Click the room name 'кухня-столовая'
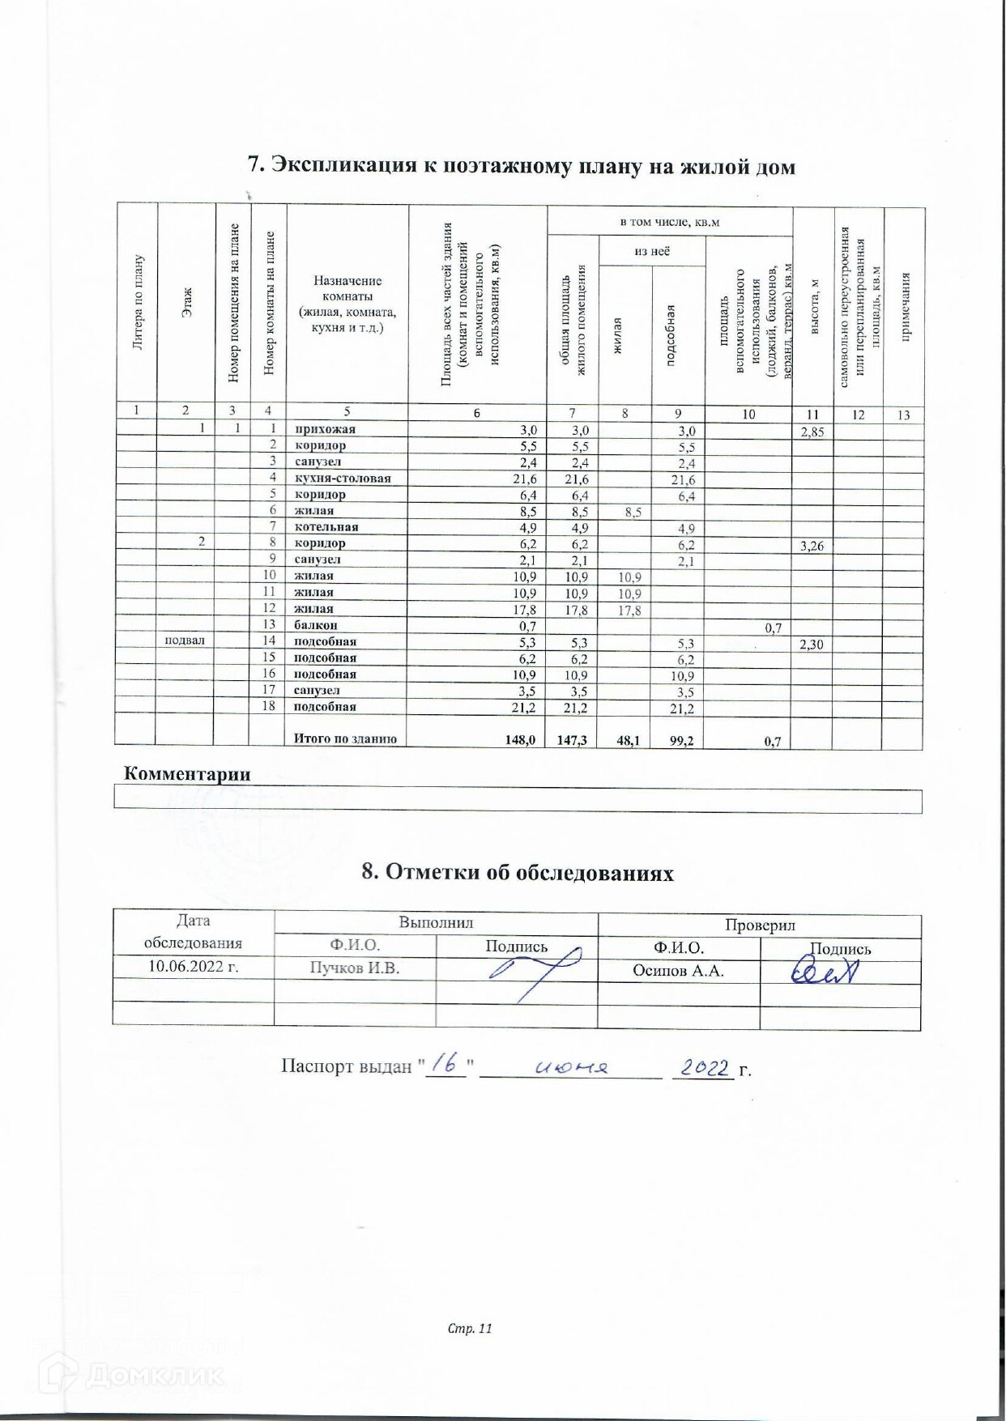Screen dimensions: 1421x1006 click(x=343, y=479)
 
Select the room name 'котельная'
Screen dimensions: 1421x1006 click(x=326, y=527)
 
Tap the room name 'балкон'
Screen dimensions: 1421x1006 click(x=316, y=625)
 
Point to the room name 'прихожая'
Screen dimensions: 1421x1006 click(x=325, y=429)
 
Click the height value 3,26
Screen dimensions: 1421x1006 click(x=812, y=546)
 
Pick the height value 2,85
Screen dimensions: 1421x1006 click(x=812, y=432)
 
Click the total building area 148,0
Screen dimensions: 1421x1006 click(x=520, y=739)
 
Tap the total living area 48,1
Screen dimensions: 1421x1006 click(x=629, y=739)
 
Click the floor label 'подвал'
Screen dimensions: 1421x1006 click(x=185, y=640)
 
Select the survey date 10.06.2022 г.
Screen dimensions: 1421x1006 click(x=194, y=966)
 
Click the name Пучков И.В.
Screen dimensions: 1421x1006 click(x=355, y=968)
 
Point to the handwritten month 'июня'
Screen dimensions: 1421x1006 click(x=571, y=1068)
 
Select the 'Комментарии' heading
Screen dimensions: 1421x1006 click(x=187, y=773)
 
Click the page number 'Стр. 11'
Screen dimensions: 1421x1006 click(x=470, y=1328)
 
